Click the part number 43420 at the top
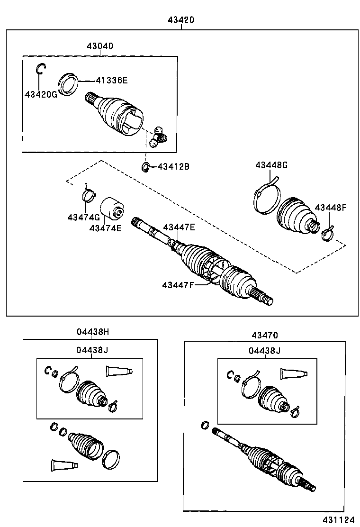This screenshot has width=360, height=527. click(x=181, y=20)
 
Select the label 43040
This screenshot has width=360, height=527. click(x=100, y=46)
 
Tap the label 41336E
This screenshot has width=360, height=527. click(x=112, y=80)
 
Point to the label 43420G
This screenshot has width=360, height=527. click(x=41, y=94)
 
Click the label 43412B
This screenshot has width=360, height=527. click(x=173, y=166)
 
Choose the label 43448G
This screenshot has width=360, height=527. click(x=271, y=165)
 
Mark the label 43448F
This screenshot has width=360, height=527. click(x=331, y=208)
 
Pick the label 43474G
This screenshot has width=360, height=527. click(x=83, y=217)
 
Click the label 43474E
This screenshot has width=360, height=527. click(x=105, y=228)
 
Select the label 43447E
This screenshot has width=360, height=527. click(x=179, y=227)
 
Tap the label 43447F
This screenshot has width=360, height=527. click(x=178, y=285)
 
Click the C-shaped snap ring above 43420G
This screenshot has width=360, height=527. click(x=40, y=69)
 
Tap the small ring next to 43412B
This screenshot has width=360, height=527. click(x=146, y=167)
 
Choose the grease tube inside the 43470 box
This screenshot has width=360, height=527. click(x=294, y=373)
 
